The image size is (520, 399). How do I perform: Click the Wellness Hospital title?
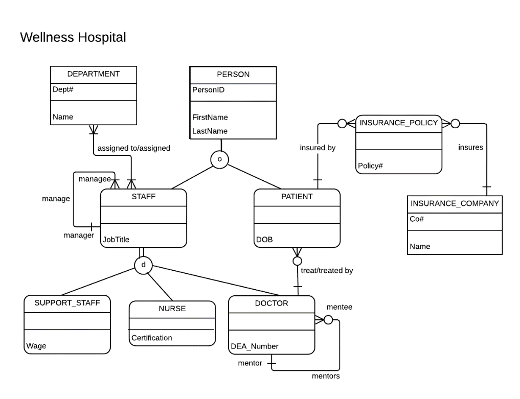pyautogui.click(x=73, y=37)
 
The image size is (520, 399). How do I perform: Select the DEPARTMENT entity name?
pyautogui.click(x=93, y=74)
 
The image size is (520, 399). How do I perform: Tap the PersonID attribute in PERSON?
pyautogui.click(x=208, y=90)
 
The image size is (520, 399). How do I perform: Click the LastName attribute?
pyautogui.click(x=210, y=131)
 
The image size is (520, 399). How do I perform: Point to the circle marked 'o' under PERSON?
pyautogui.click(x=219, y=159)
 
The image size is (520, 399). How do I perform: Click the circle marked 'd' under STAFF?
pyautogui.click(x=143, y=265)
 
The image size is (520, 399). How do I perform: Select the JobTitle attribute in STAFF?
pyautogui.click(x=116, y=240)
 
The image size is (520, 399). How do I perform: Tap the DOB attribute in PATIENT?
pyautogui.click(x=264, y=240)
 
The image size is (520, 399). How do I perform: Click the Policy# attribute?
pyautogui.click(x=370, y=166)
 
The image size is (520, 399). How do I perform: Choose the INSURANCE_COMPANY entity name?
pyautogui.click(x=455, y=203)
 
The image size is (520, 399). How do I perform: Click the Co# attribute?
pyautogui.click(x=417, y=219)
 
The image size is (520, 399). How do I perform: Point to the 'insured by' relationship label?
pyautogui.click(x=318, y=148)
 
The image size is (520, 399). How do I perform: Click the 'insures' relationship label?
pyautogui.click(x=470, y=147)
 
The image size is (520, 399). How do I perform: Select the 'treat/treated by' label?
pyautogui.click(x=327, y=270)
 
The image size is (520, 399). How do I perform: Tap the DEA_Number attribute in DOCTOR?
pyautogui.click(x=255, y=346)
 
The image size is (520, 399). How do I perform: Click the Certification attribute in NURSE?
pyautogui.click(x=151, y=338)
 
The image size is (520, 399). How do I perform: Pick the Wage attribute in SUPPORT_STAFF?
pyautogui.click(x=36, y=346)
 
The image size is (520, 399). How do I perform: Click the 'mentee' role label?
pyautogui.click(x=339, y=307)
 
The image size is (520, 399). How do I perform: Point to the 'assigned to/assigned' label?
pyautogui.click(x=133, y=148)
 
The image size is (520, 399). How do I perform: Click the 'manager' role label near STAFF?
pyautogui.click(x=79, y=236)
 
